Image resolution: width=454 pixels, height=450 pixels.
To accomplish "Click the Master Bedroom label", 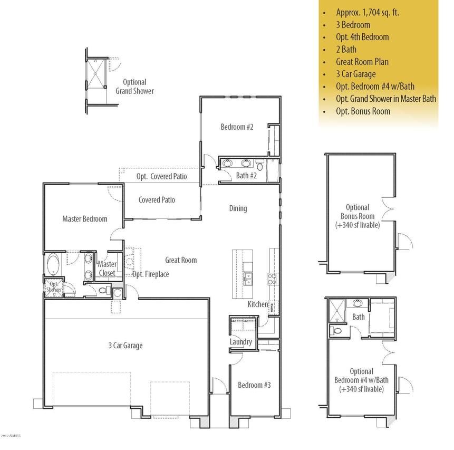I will tap(84, 219).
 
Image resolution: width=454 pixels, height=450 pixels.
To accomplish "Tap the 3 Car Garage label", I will tap(125, 346).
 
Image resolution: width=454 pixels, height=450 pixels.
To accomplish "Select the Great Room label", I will tap(181, 260).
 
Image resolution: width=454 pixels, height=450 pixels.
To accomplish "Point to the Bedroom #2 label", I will tap(237, 127).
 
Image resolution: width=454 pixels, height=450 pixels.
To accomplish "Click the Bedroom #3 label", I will tap(254, 385).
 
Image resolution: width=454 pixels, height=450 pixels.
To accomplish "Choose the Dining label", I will tap(238, 208).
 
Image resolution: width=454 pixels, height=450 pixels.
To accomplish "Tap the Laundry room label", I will tap(240, 342).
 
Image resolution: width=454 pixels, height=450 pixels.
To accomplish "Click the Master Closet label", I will tap(107, 269).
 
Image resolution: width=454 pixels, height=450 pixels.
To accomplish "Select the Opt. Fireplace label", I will tap(151, 274).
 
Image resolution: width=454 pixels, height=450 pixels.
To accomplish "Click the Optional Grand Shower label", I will tap(135, 87).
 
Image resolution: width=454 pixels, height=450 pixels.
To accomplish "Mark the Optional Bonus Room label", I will tap(358, 216).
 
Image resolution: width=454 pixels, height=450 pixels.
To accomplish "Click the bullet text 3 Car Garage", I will tap(363, 74).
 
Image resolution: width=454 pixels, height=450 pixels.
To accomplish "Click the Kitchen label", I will tap(258, 304).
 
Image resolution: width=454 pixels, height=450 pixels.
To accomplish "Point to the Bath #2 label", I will tap(246, 176).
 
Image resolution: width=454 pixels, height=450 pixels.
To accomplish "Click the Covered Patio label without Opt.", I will tap(157, 200).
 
